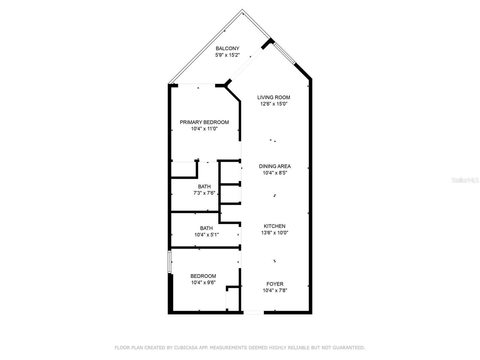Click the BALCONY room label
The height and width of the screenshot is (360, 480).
coord(227,48)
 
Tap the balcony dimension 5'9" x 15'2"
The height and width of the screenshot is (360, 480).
coord(227,55)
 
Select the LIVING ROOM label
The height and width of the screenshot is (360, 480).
coord(274,97)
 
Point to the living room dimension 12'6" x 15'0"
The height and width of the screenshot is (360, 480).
coord(274,104)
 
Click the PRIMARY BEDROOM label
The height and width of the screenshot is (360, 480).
coord(204,122)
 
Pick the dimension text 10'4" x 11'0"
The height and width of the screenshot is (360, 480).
coord(204,129)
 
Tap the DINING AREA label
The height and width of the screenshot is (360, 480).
coord(275,166)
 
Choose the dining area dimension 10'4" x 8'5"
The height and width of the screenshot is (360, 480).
coord(275,173)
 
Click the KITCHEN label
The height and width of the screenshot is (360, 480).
coord(274,226)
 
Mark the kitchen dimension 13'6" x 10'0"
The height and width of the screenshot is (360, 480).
coord(274,232)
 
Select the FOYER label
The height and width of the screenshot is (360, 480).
coord(275,284)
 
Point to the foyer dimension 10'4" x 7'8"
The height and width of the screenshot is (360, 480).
coord(275,290)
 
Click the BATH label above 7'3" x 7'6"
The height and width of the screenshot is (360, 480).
coord(204,186)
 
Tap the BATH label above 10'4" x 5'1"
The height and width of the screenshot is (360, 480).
coord(206,228)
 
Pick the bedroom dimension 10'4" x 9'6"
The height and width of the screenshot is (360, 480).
coord(203,282)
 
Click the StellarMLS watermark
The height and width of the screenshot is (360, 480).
coord(465,180)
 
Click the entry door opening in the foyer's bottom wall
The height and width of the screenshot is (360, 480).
coord(253,313)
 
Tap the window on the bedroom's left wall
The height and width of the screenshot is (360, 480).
coord(169,262)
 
